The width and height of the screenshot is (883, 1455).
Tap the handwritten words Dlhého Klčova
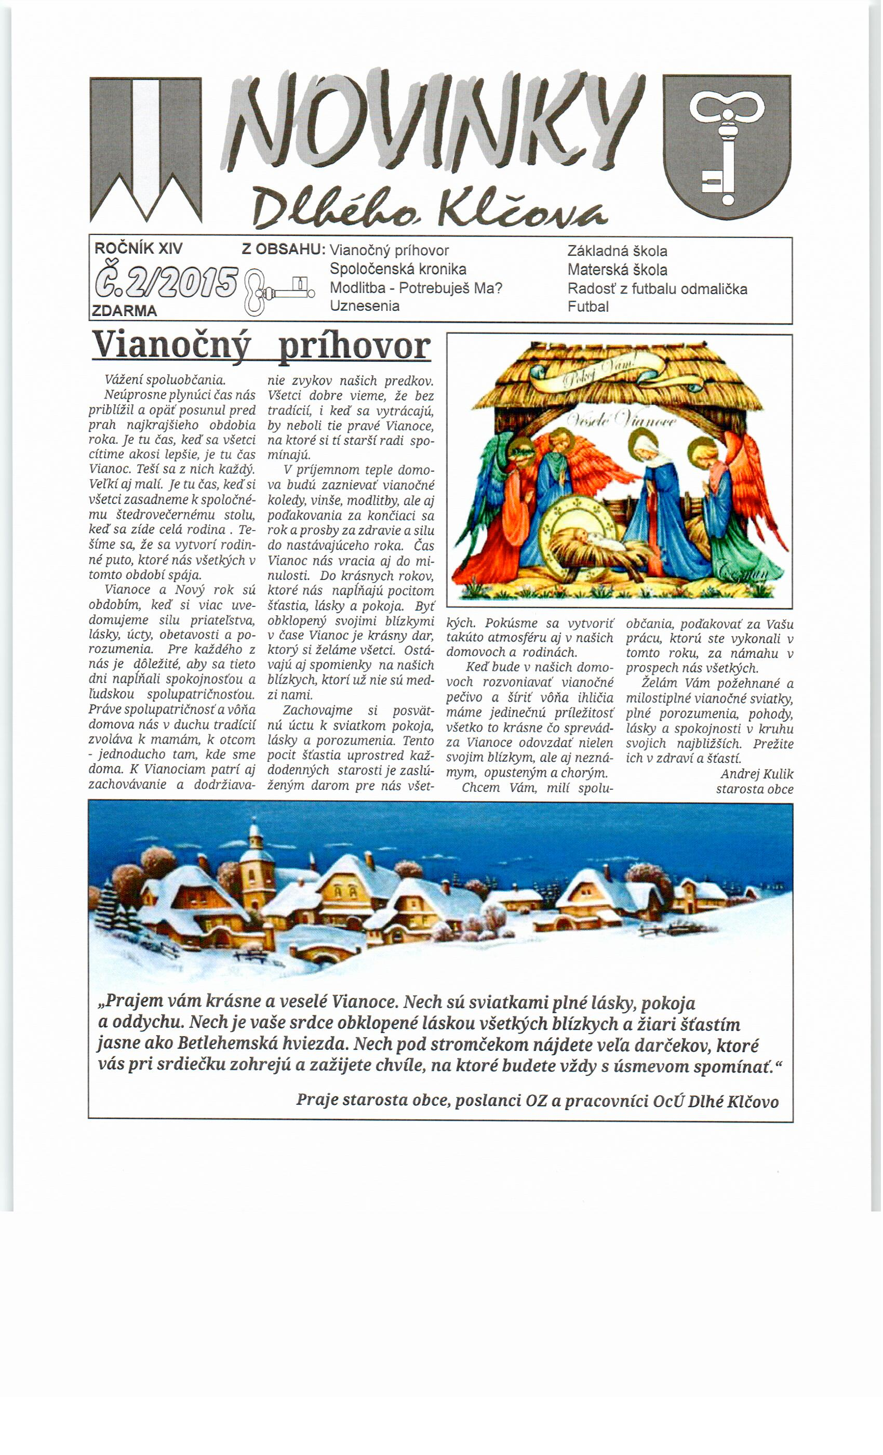click(429, 208)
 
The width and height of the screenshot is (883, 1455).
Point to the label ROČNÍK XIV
click(139, 248)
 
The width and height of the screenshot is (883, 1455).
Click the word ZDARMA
click(125, 311)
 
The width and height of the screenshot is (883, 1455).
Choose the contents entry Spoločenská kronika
click(398, 269)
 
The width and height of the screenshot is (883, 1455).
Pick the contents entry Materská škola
click(618, 270)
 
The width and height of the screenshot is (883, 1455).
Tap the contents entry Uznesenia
click(365, 306)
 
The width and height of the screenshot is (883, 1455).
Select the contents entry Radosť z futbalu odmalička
click(658, 289)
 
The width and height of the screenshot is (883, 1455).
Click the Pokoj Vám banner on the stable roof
click(599, 376)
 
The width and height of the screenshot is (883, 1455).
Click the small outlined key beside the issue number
click(278, 292)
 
